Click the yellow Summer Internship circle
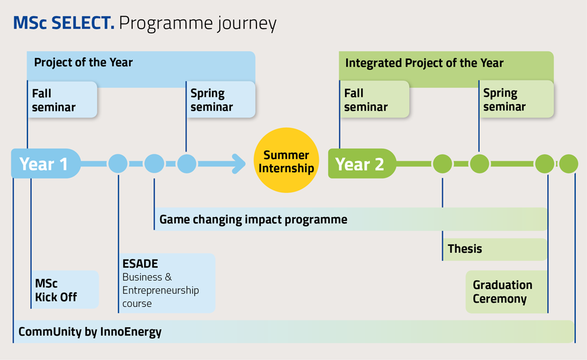click(286, 160)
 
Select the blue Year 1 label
click(46, 163)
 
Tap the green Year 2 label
click(362, 163)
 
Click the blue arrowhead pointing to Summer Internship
click(239, 163)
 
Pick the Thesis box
click(495, 249)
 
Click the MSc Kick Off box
click(64, 289)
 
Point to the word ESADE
click(140, 264)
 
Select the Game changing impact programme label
click(253, 220)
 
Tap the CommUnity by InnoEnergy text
click(90, 332)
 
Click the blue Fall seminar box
click(62, 100)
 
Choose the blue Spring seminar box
click(220, 100)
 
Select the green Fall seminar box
click(374, 100)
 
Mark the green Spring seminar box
click(517, 100)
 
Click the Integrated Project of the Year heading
click(424, 63)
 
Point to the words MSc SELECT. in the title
click(64, 23)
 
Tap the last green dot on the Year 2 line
click(569, 163)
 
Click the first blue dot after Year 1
click(118, 163)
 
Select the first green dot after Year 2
click(442, 163)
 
